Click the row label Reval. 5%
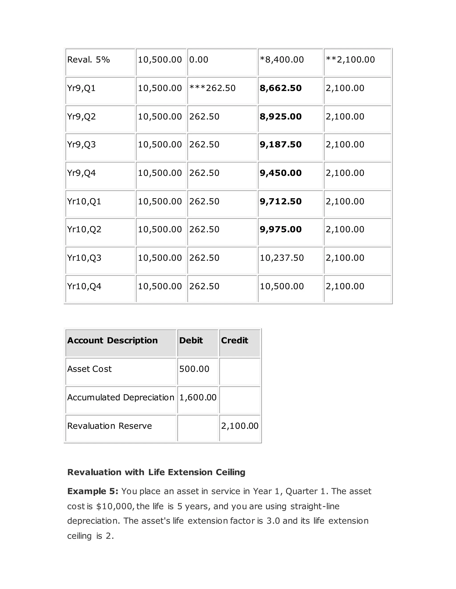88,60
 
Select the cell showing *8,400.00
281,60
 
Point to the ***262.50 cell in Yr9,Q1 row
212,88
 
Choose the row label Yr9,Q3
81,144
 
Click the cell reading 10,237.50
281,258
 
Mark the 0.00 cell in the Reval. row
199,60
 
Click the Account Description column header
112,340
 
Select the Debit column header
191,340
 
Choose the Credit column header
234,340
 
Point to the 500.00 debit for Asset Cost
194,369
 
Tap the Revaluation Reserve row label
109,426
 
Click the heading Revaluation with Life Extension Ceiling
156,472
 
